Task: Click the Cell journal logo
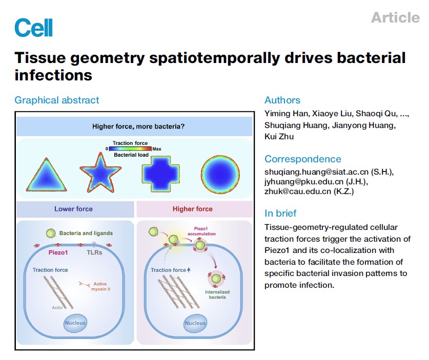coord(33,27)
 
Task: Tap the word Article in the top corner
coord(395,17)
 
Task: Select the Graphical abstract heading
coord(57,100)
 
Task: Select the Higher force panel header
coord(193,209)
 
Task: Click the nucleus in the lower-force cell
coord(75,323)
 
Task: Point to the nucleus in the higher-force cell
coord(195,323)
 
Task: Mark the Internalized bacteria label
coord(217,294)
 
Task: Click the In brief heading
coord(280,214)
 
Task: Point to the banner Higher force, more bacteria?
coord(134,126)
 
